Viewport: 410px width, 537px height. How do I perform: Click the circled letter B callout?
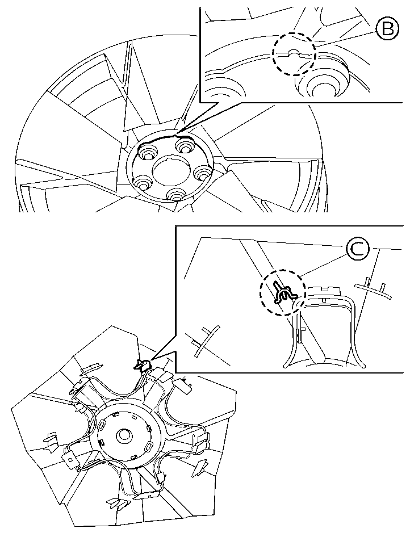387,29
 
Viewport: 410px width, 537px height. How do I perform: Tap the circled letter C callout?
357,249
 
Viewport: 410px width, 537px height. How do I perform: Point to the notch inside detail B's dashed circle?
293,53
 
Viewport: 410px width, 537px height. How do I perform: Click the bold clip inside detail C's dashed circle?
283,292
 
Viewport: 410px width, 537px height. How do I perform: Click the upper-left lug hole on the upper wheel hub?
147,152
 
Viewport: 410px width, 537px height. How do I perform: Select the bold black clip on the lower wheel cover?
142,365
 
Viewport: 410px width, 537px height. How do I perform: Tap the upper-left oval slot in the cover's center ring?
102,425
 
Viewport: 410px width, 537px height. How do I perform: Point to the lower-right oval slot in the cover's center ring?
150,446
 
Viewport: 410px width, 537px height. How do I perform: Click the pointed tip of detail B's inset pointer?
178,131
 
